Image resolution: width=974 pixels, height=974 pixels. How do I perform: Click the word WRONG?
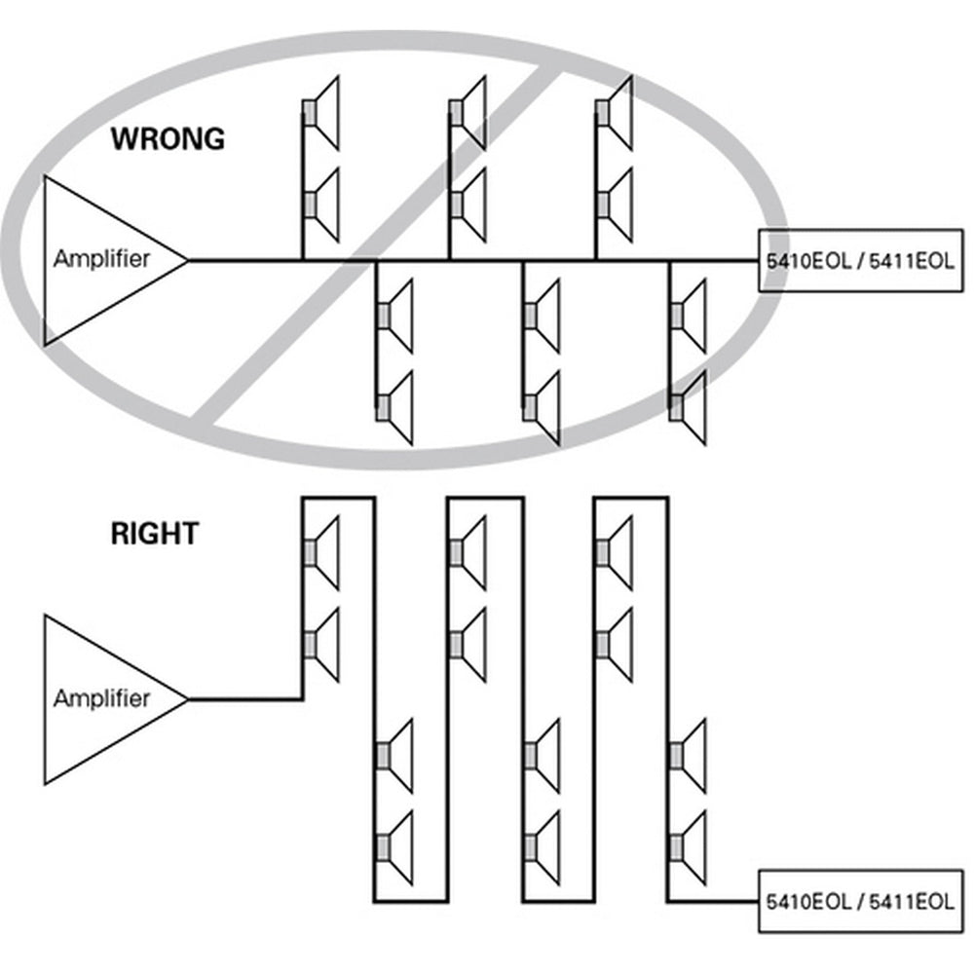[x=167, y=138]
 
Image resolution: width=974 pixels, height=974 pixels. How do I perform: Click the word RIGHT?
[x=154, y=534]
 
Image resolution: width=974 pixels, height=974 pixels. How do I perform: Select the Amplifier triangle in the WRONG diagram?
[x=102, y=260]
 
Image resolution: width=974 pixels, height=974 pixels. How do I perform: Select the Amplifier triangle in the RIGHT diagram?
[x=102, y=698]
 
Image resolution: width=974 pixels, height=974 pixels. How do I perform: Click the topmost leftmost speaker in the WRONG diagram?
[x=322, y=113]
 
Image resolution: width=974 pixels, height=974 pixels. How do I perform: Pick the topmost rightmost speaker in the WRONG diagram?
[x=616, y=113]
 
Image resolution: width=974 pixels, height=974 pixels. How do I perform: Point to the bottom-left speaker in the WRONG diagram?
[x=395, y=407]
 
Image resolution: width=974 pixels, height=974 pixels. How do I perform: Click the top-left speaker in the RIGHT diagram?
[x=322, y=552]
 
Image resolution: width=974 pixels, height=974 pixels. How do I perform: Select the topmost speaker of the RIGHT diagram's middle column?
[x=468, y=552]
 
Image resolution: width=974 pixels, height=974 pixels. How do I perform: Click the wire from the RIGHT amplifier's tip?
[x=243, y=698]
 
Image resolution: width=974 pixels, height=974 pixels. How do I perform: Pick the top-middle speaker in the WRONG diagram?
[x=468, y=113]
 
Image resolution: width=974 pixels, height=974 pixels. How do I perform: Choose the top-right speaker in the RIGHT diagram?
[x=616, y=552]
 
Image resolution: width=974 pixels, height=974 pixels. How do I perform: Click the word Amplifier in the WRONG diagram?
[x=102, y=260]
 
